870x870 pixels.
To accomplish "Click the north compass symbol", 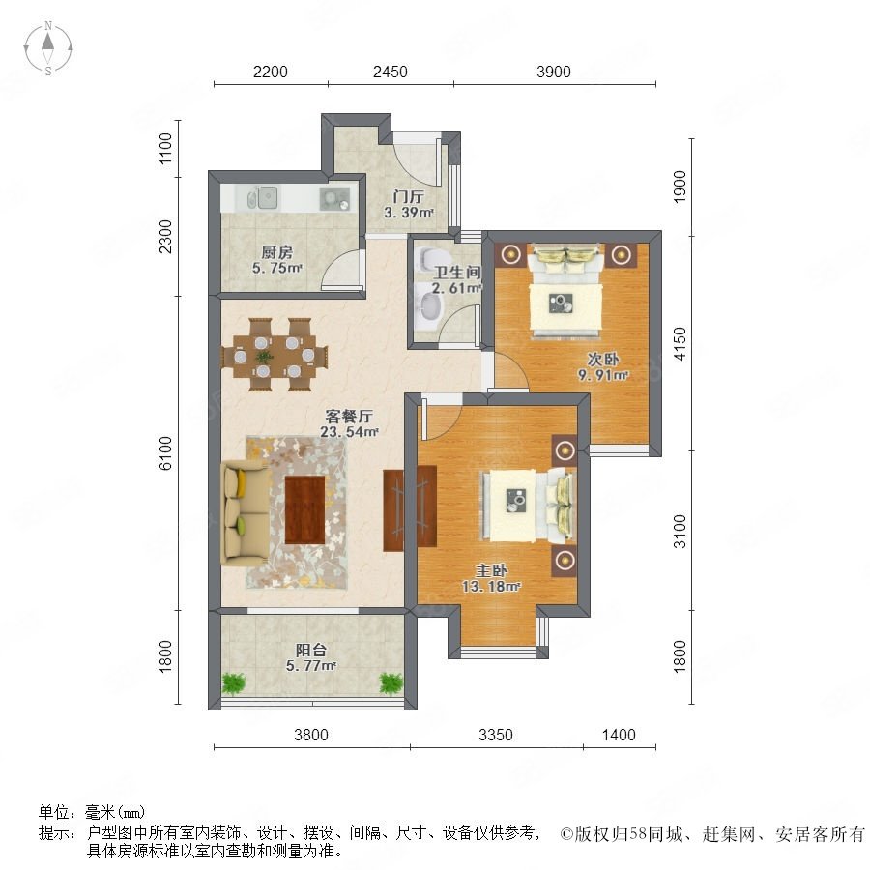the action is pyautogui.click(x=48, y=47).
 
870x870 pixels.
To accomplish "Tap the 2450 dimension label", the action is pyautogui.click(x=391, y=72).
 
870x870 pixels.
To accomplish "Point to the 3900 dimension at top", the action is pyautogui.click(x=554, y=72).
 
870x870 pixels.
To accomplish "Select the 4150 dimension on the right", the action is pyautogui.click(x=680, y=344).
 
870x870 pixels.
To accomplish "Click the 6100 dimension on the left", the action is pyautogui.click(x=165, y=453).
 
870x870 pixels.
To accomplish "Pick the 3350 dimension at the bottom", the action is pyautogui.click(x=496, y=735).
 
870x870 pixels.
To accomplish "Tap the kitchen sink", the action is pyautogui.click(x=262, y=197).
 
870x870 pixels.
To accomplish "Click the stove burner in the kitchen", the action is pyautogui.click(x=334, y=198).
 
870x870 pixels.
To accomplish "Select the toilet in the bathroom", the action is pyautogui.click(x=429, y=258).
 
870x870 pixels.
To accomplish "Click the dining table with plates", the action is pyautogui.click(x=275, y=355).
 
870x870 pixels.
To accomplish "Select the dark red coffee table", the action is pyautogui.click(x=304, y=509).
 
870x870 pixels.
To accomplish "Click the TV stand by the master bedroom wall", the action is pyautogui.click(x=410, y=508).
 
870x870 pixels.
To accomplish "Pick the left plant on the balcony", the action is pyautogui.click(x=234, y=683).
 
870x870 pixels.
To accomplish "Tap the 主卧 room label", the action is pyautogui.click(x=492, y=569).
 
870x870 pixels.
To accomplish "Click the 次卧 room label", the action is pyautogui.click(x=603, y=359).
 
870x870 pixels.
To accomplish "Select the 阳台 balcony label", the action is pyautogui.click(x=310, y=650).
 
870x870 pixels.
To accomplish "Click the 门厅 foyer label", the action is pyautogui.click(x=409, y=196).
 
